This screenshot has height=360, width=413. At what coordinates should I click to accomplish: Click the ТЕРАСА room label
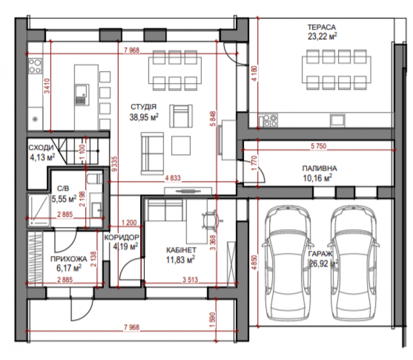coord(322,27)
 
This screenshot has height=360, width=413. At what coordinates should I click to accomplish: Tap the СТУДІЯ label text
coord(143,107)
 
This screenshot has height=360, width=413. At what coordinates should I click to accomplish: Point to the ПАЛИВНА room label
coord(319,168)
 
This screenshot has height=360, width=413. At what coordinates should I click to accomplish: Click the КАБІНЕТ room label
coord(181,250)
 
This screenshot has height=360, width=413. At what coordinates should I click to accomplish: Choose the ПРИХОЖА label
coord(69,259)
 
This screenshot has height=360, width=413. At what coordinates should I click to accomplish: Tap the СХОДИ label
coord(41,148)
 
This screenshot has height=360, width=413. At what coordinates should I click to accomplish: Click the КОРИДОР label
coord(122,238)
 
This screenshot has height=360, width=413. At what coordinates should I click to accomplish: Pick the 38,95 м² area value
coord(144,117)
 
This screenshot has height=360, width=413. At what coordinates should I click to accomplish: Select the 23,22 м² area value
coord(322,36)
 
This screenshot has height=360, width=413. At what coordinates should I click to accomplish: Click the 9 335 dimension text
coord(115,164)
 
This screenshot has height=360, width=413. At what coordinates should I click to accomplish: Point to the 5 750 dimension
coord(318,146)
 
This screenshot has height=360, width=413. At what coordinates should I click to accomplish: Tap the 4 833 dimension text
coord(173,178)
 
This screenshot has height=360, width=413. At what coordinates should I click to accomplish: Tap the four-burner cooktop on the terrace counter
coord(268,120)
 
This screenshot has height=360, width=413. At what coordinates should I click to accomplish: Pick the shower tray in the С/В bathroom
coord(39,210)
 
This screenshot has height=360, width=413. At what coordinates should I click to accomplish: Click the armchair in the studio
coord(181,116)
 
